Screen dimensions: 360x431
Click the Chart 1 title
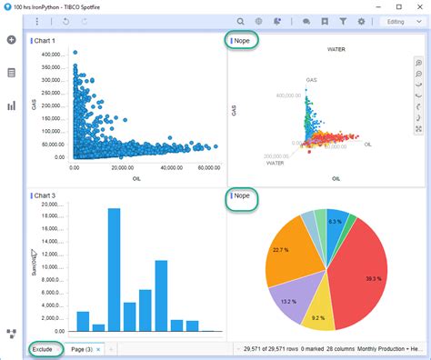[45, 41]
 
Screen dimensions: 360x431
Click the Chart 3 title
[45, 195]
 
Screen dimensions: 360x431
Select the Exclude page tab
[43, 349]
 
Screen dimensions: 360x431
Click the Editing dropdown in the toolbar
[399, 21]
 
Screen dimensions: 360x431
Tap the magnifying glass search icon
[240, 21]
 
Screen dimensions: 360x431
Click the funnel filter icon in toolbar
[343, 21]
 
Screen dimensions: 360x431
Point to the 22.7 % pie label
[280, 249]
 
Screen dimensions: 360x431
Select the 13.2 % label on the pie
[288, 302]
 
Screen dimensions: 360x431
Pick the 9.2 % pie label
[317, 317]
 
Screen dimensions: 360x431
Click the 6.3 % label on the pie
[336, 221]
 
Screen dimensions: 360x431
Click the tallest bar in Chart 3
[114, 269]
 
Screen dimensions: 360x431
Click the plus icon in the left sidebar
[11, 40]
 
